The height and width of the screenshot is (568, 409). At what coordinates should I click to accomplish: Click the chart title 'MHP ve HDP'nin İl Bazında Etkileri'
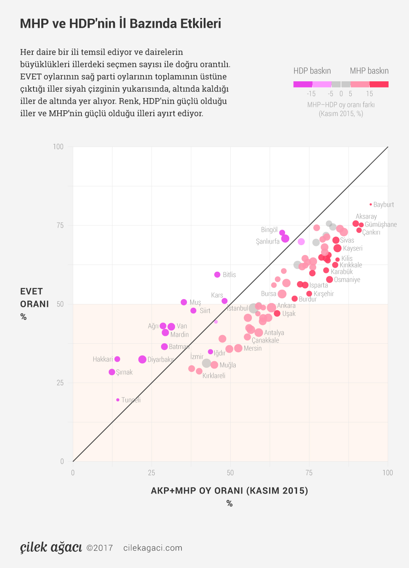(120, 24)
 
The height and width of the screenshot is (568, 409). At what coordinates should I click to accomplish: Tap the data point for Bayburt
(371, 204)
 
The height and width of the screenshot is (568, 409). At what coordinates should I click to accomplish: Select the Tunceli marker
(118, 400)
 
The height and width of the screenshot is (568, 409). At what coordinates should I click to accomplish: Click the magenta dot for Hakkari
(117, 359)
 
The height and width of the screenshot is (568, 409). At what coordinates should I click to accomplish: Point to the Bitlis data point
(217, 275)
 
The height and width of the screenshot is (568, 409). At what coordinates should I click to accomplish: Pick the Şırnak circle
(112, 372)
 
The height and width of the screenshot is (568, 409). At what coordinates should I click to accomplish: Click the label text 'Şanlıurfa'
(267, 242)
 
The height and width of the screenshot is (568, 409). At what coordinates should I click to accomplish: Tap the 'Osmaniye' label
(347, 280)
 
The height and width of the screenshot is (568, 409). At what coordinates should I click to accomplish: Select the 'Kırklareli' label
(214, 376)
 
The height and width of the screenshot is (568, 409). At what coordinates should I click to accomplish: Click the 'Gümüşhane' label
(380, 224)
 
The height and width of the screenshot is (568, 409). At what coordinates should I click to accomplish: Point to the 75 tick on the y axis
(60, 225)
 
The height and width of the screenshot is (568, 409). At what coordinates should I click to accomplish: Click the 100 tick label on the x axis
(387, 473)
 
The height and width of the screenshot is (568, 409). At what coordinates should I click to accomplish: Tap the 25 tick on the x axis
(151, 473)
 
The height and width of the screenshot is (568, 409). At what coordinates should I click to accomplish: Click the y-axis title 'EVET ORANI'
(34, 298)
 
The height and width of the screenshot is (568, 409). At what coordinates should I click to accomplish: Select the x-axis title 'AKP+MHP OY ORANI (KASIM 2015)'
(229, 490)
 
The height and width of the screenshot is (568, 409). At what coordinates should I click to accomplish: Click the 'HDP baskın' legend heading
(312, 71)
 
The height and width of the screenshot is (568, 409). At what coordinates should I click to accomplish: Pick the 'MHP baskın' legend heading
(369, 71)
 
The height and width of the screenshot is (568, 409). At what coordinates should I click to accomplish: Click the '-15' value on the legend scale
(311, 94)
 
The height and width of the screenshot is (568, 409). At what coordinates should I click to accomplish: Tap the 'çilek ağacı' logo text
(51, 547)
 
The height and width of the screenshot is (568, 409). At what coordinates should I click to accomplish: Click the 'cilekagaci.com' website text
(153, 548)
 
